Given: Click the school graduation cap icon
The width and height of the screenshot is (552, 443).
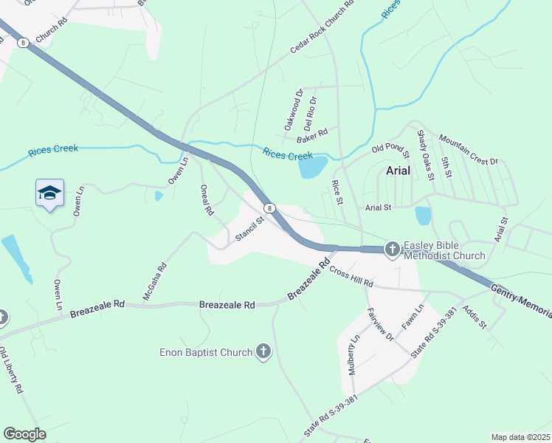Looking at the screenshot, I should click(x=49, y=193).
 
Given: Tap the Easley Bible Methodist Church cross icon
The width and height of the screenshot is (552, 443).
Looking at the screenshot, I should click(x=391, y=250).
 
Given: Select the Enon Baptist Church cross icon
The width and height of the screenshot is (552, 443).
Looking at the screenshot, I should click(x=263, y=352).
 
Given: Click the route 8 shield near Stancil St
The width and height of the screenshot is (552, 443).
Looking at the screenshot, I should click(x=271, y=208).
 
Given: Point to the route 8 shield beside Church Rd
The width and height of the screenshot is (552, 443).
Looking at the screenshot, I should click(x=24, y=44).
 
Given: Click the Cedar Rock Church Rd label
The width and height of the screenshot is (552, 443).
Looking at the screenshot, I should click(x=322, y=27).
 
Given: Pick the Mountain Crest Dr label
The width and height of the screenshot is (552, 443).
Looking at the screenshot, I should click(x=468, y=150).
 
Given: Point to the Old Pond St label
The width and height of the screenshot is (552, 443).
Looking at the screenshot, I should click(x=390, y=151).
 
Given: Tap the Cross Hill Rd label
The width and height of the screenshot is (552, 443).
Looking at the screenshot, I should click(x=351, y=278).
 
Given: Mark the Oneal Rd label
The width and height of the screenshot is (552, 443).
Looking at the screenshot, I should click(x=207, y=200).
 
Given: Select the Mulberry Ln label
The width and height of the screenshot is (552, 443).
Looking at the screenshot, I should click(x=354, y=355).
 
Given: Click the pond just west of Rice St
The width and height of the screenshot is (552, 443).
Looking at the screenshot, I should click(x=312, y=168).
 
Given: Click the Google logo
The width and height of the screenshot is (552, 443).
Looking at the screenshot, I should click(x=24, y=434).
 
